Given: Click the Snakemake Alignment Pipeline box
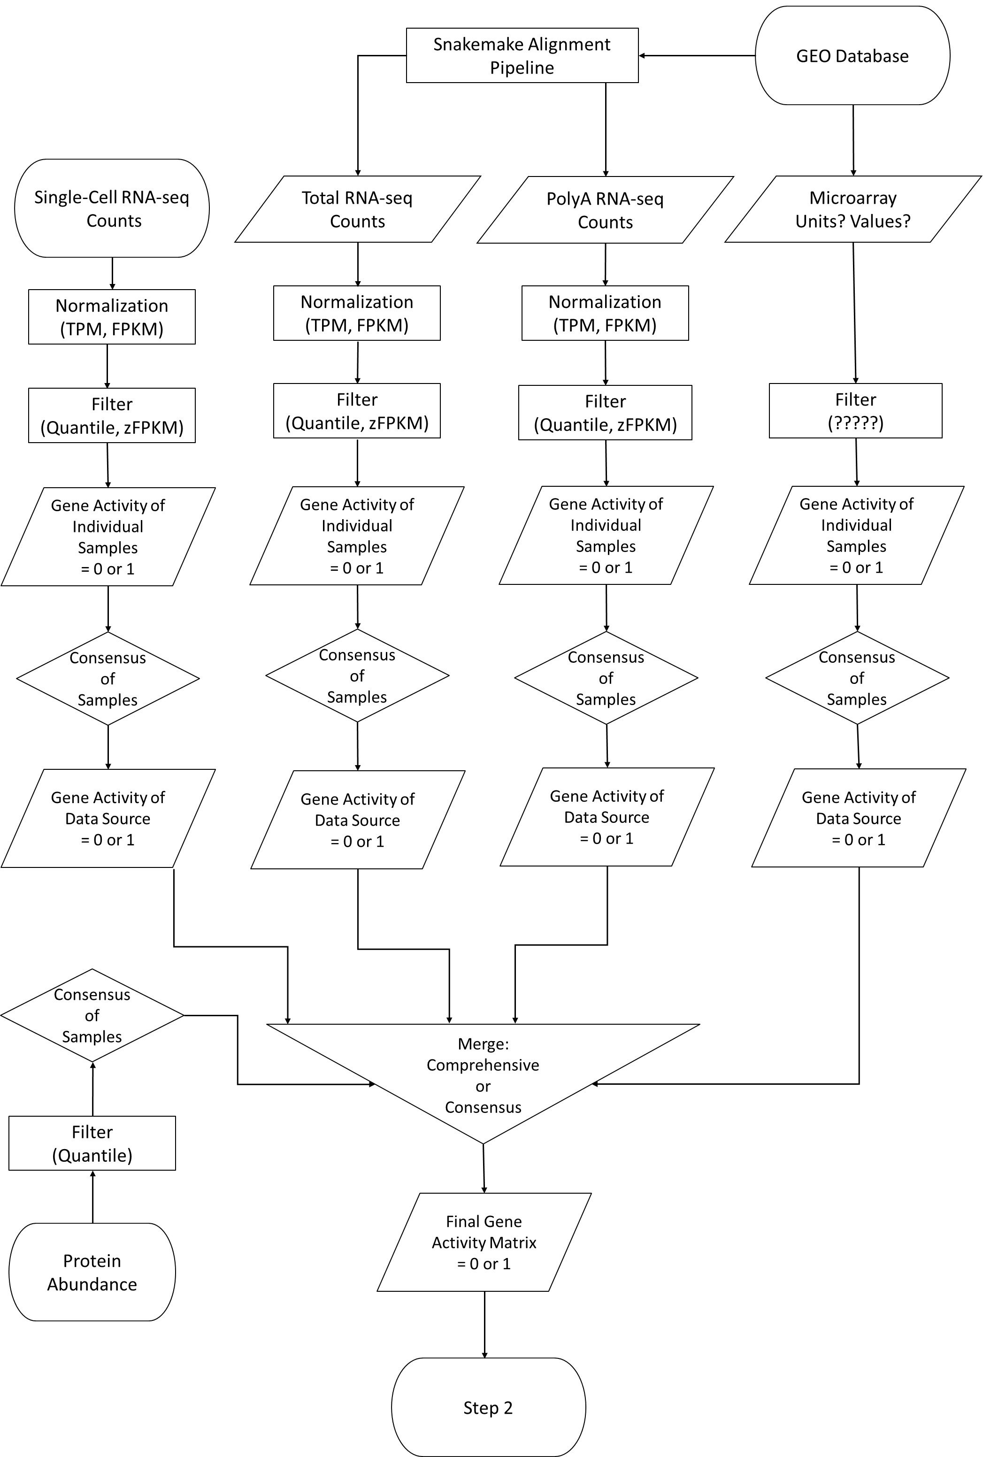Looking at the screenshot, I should click(x=522, y=55).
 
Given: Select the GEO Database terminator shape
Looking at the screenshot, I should click(x=852, y=56).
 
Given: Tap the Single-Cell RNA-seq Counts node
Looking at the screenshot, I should click(x=112, y=208).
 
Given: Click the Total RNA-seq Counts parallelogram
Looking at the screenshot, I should click(x=357, y=209).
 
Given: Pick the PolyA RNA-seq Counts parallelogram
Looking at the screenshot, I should click(x=605, y=210).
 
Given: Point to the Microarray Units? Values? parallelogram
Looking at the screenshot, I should click(x=852, y=209).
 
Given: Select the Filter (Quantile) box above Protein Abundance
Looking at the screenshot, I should click(x=92, y=1143).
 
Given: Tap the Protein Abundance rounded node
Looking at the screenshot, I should click(x=92, y=1272).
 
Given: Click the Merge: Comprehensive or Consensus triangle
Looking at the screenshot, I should click(x=483, y=1075).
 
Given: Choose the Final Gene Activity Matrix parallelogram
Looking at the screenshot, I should click(x=484, y=1242).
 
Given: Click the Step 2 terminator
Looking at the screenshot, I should click(x=488, y=1408).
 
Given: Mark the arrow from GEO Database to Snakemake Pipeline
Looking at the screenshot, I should click(x=696, y=56).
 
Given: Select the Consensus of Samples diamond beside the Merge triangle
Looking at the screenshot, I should click(x=92, y=1015).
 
